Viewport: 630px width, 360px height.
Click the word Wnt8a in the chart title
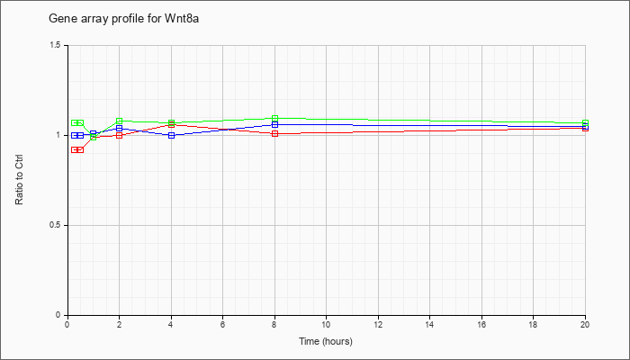182,19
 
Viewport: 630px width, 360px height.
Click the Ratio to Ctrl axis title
19,180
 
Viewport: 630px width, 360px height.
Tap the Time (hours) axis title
326,341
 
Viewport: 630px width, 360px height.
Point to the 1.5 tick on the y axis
56,45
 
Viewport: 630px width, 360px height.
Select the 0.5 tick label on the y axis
56,225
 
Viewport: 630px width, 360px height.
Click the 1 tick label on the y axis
58,135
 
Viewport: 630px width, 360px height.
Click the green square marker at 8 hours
274,118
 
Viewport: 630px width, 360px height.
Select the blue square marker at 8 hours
274,124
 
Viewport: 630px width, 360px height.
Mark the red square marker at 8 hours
274,133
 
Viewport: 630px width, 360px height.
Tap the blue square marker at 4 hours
172,135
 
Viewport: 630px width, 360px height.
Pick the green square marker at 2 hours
120,121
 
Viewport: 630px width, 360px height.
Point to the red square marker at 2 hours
120,135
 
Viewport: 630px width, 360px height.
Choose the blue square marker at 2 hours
120,128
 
